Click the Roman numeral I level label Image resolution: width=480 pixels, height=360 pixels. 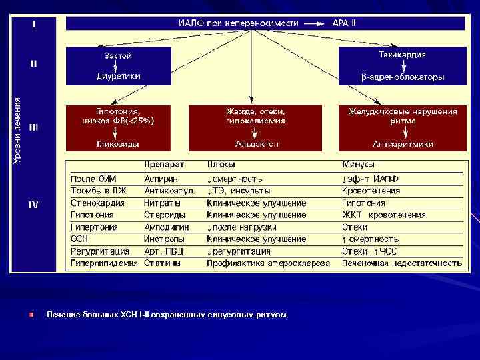(x=33, y=24)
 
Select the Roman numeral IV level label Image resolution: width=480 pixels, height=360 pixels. (x=33, y=205)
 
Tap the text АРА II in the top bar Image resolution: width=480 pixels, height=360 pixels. (x=344, y=23)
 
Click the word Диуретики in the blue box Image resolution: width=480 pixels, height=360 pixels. (x=118, y=76)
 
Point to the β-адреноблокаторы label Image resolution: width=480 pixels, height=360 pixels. (x=403, y=77)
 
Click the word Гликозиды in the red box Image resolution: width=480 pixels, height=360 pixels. (x=117, y=143)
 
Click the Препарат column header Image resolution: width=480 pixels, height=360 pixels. (x=164, y=164)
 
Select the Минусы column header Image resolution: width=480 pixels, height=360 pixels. (x=358, y=164)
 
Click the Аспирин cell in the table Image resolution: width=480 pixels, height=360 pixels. (x=161, y=179)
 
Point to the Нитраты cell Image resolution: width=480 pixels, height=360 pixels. (x=162, y=203)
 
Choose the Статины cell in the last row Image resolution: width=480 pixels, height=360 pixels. (x=162, y=263)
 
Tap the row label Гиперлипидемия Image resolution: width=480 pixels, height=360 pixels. (x=104, y=263)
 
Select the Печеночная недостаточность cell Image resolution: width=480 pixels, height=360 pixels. (x=401, y=263)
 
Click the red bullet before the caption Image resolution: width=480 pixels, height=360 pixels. (x=31, y=314)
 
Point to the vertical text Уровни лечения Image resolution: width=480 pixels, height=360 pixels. (x=18, y=130)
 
